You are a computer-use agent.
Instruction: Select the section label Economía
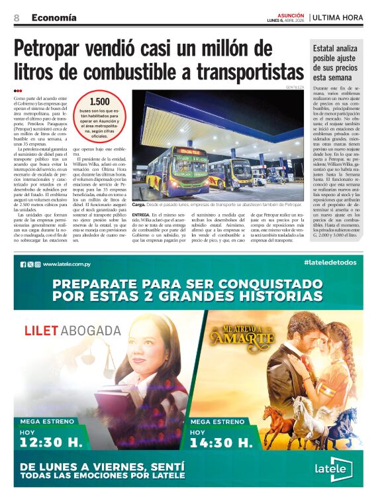pyautogui.click(x=54, y=17)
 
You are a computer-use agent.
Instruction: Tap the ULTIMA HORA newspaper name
pyautogui.click(x=338, y=17)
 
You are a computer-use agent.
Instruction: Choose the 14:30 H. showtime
pyautogui.click(x=222, y=441)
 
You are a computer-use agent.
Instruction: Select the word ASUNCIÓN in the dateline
pyautogui.click(x=291, y=15)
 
